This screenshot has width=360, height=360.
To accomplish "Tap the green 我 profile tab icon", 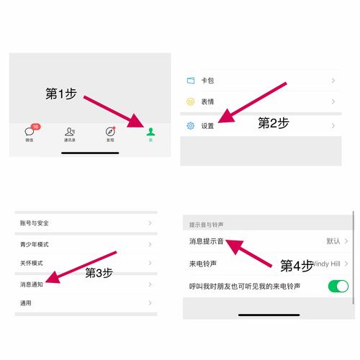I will (150, 132).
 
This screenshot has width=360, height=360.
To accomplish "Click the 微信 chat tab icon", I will (30, 132).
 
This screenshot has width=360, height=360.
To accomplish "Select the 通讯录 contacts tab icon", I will (70, 132).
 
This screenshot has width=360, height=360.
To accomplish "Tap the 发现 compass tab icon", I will (110, 132).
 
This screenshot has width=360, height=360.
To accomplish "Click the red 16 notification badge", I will (36, 127).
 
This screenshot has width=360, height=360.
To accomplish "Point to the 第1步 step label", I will (61, 94).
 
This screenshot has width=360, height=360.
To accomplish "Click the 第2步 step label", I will (273, 123).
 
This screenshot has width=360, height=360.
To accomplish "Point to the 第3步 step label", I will (99, 273).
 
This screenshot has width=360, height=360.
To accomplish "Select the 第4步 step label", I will (296, 266).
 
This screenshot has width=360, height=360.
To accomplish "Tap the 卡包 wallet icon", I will (191, 80).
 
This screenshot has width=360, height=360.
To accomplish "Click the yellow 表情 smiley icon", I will (191, 102).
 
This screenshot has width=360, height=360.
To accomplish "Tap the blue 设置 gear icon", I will (191, 126).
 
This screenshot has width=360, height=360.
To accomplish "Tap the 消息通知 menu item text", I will (32, 284).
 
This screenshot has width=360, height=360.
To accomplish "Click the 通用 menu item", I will (26, 303).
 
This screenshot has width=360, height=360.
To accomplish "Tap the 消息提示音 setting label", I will (206, 241).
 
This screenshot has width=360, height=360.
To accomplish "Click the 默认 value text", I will (333, 241).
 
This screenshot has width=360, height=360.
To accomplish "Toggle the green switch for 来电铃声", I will (338, 287).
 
